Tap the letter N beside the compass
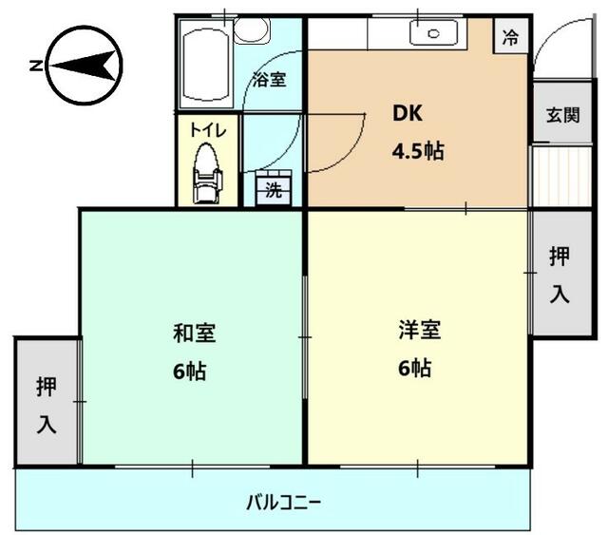click(x=35, y=66)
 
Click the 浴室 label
click(x=269, y=80)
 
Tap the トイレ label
click(x=208, y=131)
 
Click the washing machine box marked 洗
click(x=274, y=189)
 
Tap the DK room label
click(x=410, y=113)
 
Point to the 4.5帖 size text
click(x=418, y=150)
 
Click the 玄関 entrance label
click(x=562, y=116)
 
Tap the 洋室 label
click(x=419, y=331)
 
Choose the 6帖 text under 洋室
click(x=415, y=368)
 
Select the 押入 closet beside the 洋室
click(x=560, y=275)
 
